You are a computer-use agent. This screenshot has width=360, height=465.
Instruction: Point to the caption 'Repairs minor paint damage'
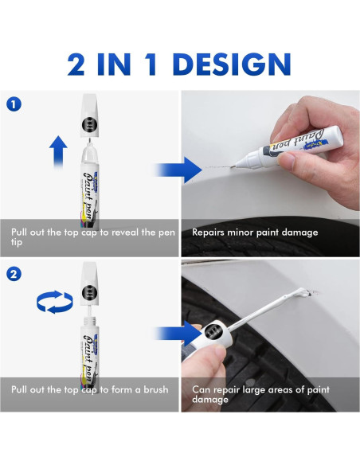(255, 232)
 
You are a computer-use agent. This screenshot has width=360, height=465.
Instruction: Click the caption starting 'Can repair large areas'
(263, 395)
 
